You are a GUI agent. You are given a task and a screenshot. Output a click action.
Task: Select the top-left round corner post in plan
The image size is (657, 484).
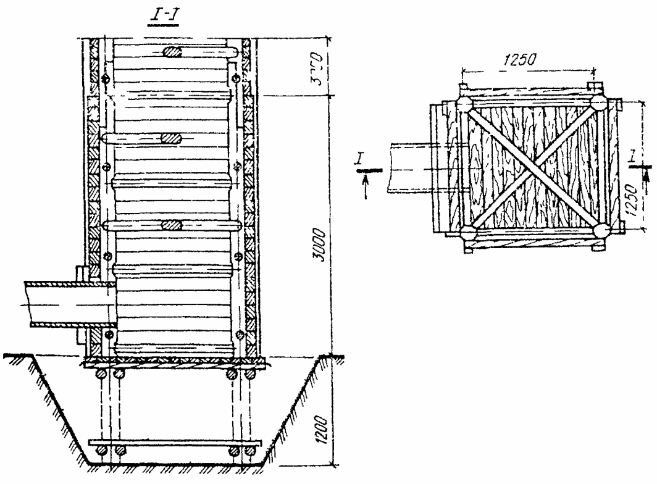tap(464, 103)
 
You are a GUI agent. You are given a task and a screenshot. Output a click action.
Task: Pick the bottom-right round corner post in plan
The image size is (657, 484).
tap(600, 231)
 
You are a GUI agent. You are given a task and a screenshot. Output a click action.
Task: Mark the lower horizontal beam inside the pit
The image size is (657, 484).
tap(175, 444)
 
